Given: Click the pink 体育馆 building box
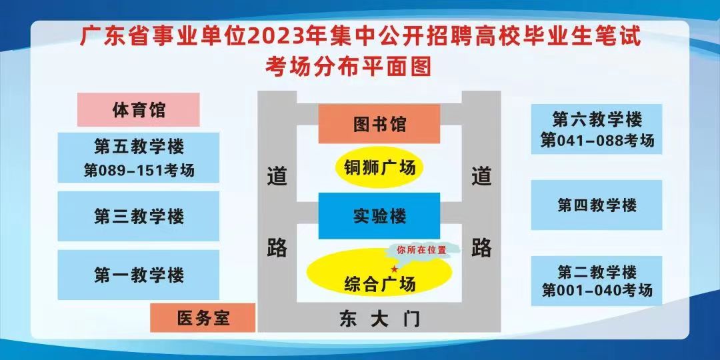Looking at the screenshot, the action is [x=138, y=110].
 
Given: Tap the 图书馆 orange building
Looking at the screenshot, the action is [x=379, y=124].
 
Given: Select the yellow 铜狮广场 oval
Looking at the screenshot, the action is [x=379, y=168].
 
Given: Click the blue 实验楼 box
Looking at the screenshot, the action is [x=379, y=216].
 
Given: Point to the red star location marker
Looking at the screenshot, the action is [x=393, y=269].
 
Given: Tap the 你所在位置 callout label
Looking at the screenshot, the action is [x=421, y=251].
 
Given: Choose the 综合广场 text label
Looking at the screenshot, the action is [x=380, y=284].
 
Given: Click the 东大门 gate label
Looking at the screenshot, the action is [x=380, y=319].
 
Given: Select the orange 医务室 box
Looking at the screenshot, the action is [x=203, y=318].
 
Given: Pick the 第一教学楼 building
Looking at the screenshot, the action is [x=138, y=275].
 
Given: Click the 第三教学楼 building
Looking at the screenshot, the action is [x=138, y=216].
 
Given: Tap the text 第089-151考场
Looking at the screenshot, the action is [x=139, y=171].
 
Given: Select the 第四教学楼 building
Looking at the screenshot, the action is [x=597, y=205].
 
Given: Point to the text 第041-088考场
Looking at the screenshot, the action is [x=597, y=141].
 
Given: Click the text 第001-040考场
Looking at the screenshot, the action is [x=597, y=290].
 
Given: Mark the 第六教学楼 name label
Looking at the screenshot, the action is [x=597, y=120].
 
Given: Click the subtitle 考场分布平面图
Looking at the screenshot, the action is [x=348, y=67].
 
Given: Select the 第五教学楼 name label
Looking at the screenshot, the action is [x=139, y=147].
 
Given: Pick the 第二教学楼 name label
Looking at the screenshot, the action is [x=597, y=272].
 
